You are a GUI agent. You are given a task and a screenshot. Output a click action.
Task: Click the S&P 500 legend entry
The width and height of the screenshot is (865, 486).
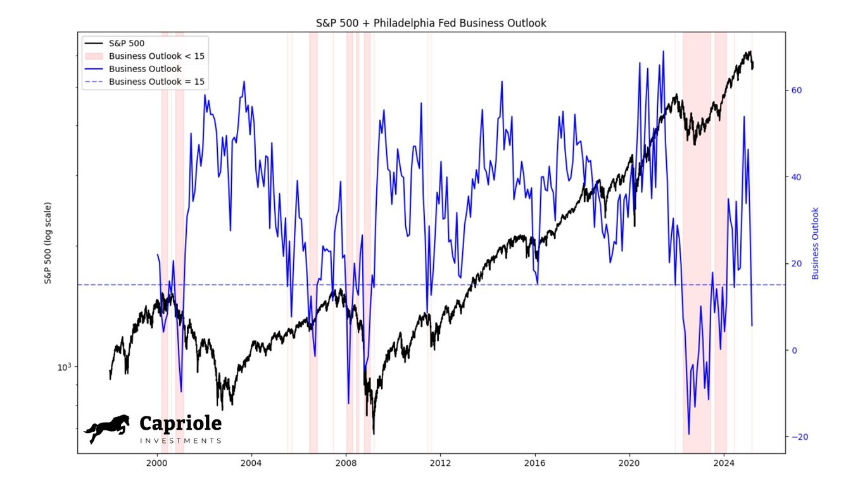pyautogui.click(x=127, y=44)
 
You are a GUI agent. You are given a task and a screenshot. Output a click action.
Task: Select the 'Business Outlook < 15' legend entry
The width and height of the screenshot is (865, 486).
pyautogui.click(x=156, y=56)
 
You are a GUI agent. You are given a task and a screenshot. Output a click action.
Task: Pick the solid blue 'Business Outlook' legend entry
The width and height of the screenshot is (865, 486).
pyautogui.click(x=145, y=69)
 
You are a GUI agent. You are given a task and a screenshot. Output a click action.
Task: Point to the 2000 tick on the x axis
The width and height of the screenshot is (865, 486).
pyautogui.click(x=157, y=463)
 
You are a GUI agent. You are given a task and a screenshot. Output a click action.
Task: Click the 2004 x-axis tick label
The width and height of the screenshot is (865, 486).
pyautogui.click(x=251, y=463)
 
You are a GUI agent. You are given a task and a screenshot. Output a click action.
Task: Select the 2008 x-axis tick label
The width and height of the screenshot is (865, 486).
pyautogui.click(x=346, y=463)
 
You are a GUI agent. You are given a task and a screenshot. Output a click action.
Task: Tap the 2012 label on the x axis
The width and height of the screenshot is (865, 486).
pyautogui.click(x=440, y=463)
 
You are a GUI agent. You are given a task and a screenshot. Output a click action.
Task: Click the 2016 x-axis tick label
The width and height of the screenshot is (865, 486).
pyautogui.click(x=535, y=463)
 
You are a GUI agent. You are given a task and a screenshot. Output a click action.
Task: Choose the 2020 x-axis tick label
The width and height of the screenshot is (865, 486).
pyautogui.click(x=629, y=463)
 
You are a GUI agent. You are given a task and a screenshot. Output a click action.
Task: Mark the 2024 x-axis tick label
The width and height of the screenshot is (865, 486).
pyautogui.click(x=724, y=463)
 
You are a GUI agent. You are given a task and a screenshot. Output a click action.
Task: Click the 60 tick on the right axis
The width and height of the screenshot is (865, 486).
pyautogui.click(x=797, y=90)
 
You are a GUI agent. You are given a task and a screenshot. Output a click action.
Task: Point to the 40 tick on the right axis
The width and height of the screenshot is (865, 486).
pyautogui.click(x=797, y=177)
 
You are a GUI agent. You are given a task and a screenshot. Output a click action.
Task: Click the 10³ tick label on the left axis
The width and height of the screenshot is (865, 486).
pyautogui.click(x=65, y=367)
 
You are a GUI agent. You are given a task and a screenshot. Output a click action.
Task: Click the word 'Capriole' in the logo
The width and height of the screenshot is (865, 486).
pyautogui.click(x=180, y=423)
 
